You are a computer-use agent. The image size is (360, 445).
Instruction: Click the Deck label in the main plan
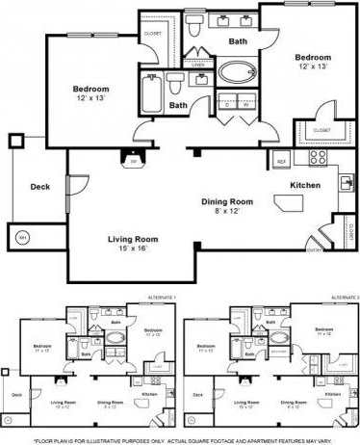click(39, 187)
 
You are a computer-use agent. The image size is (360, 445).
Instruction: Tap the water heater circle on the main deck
click(22, 235)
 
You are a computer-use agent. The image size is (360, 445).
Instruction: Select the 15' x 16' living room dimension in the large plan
click(126, 249)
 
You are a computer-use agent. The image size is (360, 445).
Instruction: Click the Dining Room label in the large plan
click(227, 201)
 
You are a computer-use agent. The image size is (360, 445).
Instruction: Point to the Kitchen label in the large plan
click(305, 185)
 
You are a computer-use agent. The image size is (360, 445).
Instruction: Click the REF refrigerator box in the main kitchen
click(281, 160)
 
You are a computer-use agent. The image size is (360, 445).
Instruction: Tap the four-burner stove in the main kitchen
click(317, 157)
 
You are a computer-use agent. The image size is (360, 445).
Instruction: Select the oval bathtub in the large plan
click(236, 72)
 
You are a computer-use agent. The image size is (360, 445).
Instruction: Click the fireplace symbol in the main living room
click(132, 160)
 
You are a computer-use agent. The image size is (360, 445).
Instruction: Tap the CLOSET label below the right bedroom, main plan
click(321, 130)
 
